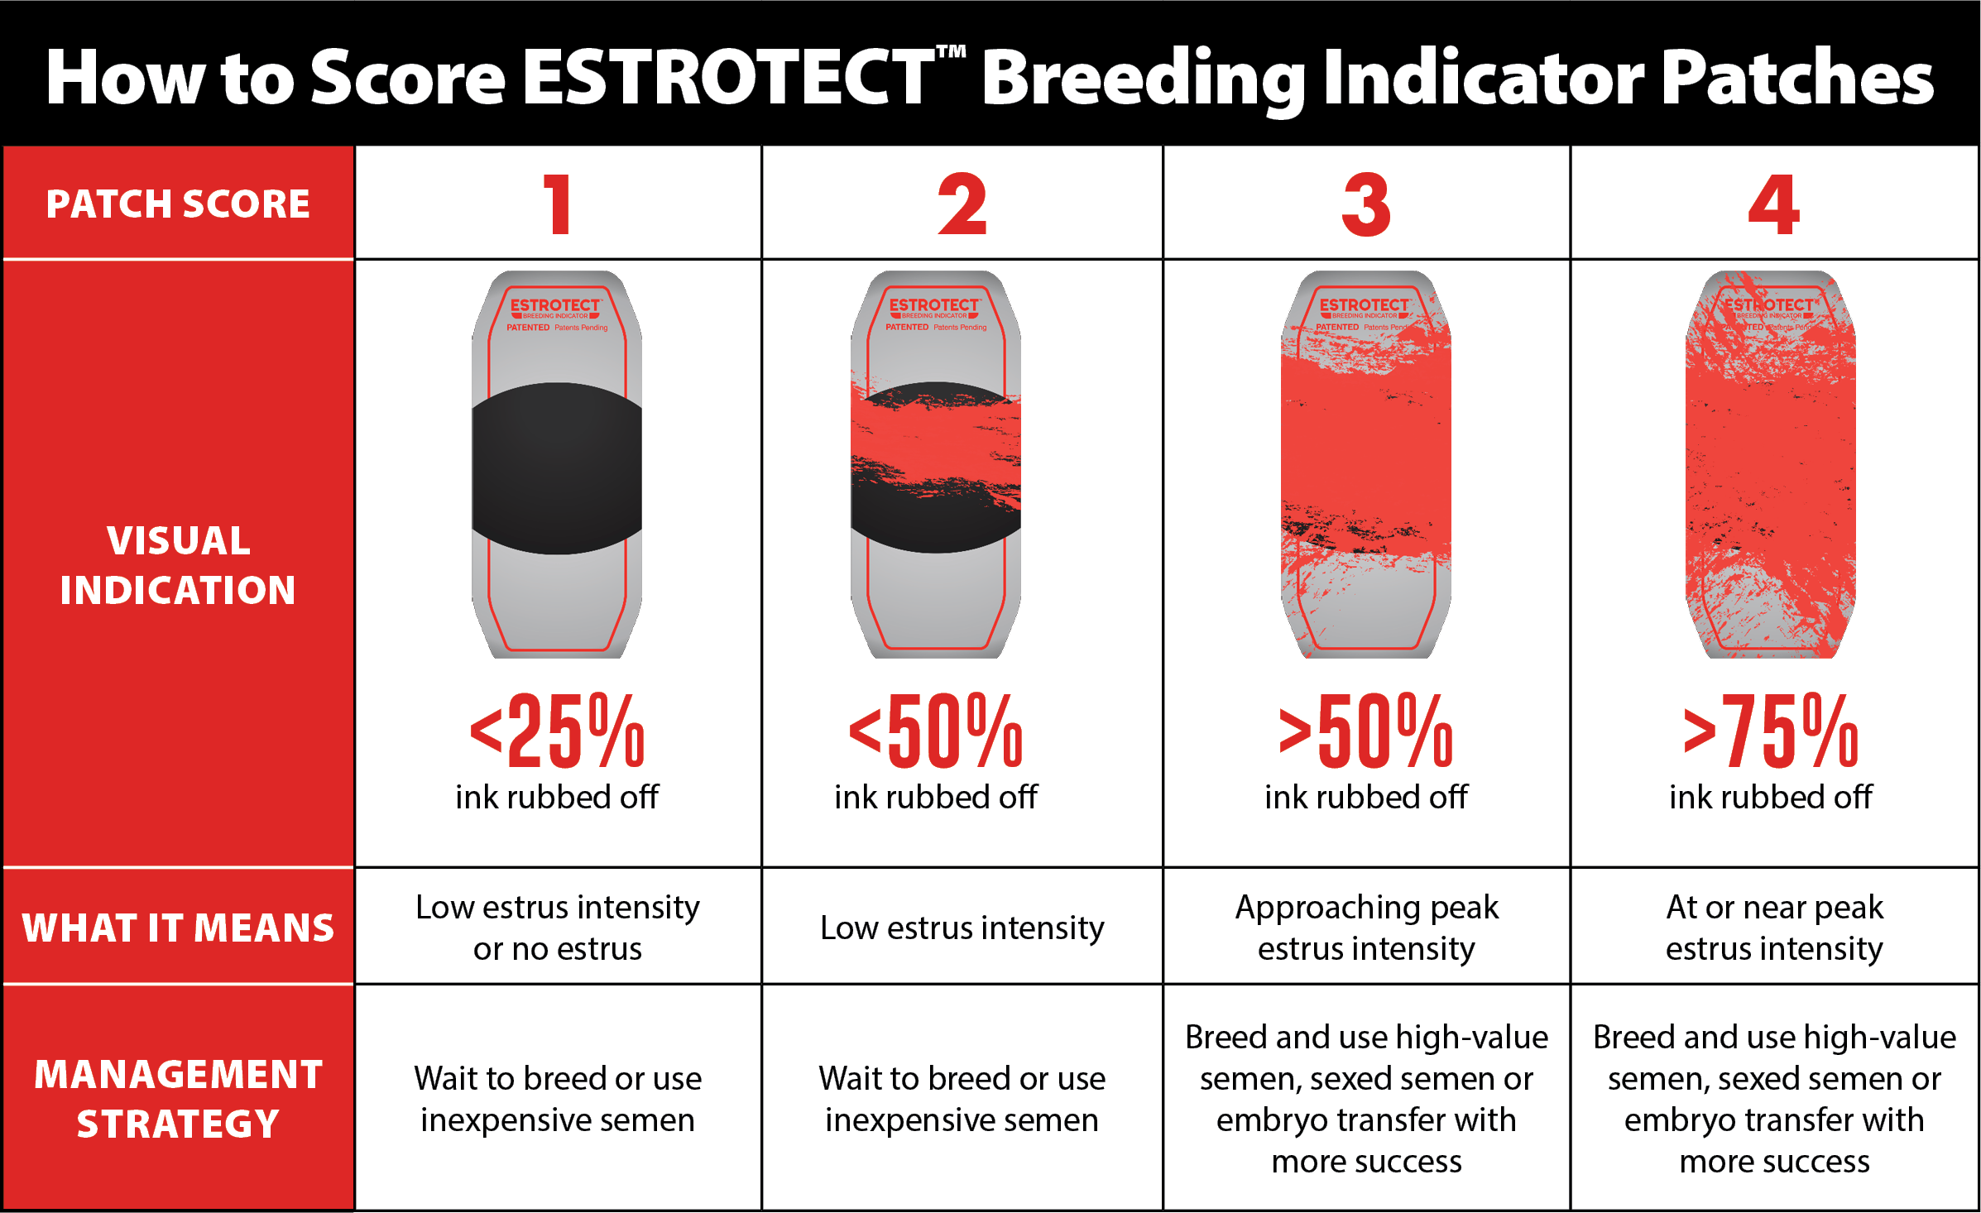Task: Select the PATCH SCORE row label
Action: point(178,204)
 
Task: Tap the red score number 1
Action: point(559,204)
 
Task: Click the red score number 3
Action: point(1366,204)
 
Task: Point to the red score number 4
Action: point(1773,204)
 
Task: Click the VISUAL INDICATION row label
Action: point(178,565)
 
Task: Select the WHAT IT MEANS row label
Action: point(178,928)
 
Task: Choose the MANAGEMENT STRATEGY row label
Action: point(178,1099)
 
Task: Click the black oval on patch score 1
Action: point(557,468)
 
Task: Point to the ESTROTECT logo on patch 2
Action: point(934,306)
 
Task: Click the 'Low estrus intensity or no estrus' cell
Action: point(557,928)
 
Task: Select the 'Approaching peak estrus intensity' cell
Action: point(1366,928)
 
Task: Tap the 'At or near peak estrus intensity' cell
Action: point(1774,928)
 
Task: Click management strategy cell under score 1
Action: point(557,1099)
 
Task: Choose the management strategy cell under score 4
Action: point(1774,1099)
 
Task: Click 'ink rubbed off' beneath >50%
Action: point(1366,797)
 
